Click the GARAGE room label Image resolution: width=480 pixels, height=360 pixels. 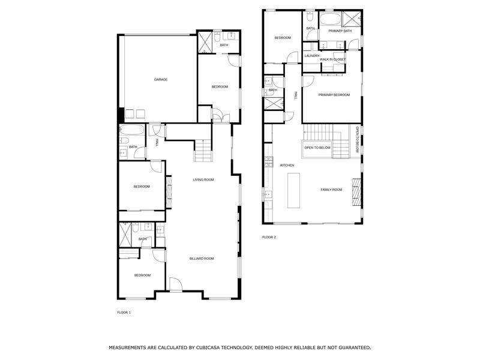pos(160,80)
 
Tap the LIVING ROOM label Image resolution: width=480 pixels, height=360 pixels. pos(203,180)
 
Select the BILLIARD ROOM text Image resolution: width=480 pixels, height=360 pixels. pos(202,259)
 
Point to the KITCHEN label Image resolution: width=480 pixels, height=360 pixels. pos(287,165)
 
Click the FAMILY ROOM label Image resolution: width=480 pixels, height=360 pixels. pos(331,190)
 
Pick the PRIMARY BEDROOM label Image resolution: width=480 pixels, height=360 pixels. pos(334,95)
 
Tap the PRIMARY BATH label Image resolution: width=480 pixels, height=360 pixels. pos(340,31)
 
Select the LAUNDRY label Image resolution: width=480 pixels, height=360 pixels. pos(312,56)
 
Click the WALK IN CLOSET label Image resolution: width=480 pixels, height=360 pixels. pos(332,59)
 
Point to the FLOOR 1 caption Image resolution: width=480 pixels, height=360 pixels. pos(124,313)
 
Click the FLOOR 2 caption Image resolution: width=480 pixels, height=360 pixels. pos(269,238)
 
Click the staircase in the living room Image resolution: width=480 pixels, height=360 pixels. pos(203,150)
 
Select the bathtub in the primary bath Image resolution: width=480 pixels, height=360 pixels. pos(329,19)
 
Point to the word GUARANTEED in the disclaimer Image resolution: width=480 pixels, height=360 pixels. pos(351,347)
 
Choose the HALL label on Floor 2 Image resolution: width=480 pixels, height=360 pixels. pos(296,96)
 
